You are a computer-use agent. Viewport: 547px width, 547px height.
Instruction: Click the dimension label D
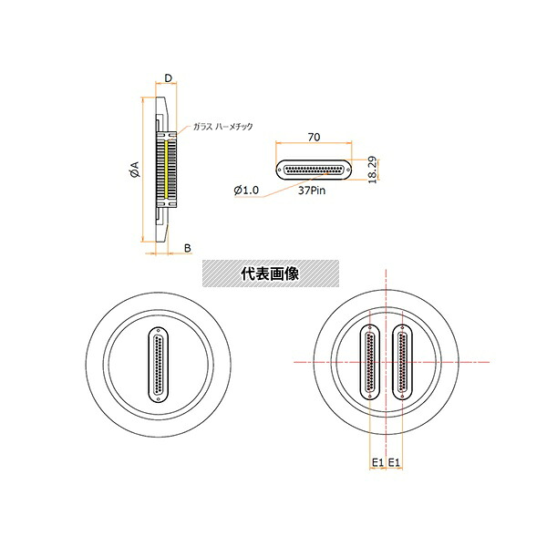(x=169, y=78)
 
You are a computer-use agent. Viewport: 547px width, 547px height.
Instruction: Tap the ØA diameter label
(x=134, y=170)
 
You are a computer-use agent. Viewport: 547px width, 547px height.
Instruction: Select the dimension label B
(x=188, y=248)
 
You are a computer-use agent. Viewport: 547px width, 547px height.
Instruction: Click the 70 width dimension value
(x=314, y=137)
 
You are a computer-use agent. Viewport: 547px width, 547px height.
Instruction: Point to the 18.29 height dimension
(x=373, y=170)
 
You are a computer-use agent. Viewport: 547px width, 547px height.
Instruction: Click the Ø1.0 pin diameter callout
(x=246, y=191)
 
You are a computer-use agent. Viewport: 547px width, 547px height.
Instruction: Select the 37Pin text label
(x=312, y=191)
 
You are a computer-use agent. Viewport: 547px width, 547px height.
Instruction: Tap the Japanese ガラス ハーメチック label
(x=223, y=127)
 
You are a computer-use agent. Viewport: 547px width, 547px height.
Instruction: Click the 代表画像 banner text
(x=270, y=273)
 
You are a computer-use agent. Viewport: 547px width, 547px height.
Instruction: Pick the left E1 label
(x=377, y=462)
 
